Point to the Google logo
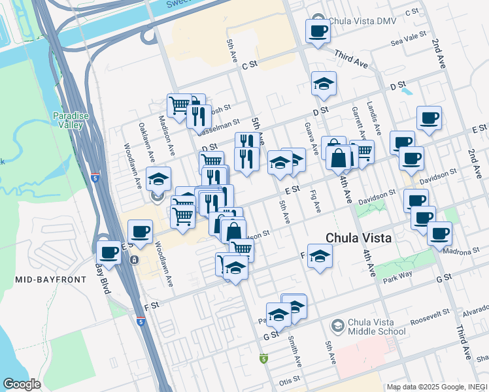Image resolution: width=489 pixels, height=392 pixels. pyautogui.click(x=22, y=384)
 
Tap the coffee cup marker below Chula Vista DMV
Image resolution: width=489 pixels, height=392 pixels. pyautogui.click(x=318, y=31)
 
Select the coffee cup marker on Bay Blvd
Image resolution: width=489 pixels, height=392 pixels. pyautogui.click(x=109, y=252)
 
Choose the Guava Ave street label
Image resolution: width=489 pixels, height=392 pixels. pyautogui.click(x=311, y=139)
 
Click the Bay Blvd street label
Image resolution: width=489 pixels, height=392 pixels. pyautogui.click(x=103, y=279)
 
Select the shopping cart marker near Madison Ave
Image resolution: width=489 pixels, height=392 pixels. pyautogui.click(x=178, y=105)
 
